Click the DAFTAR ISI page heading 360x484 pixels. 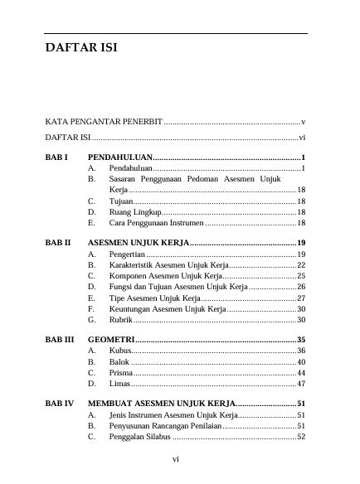pyautogui.click(x=81, y=48)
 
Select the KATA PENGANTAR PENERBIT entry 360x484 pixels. pyautogui.click(x=104, y=121)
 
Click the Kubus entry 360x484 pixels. pyautogui.click(x=119, y=351)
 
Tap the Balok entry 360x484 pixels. pyautogui.click(x=119, y=362)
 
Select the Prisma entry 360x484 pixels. pyautogui.click(x=120, y=373)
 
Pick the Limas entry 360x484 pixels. pyautogui.click(x=119, y=384)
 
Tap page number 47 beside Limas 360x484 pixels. pyautogui.click(x=302, y=384)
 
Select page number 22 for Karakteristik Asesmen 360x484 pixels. pyautogui.click(x=302, y=264)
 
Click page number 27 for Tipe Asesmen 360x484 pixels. pyautogui.click(x=302, y=298)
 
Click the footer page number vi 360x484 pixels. pyautogui.click(x=176, y=458)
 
